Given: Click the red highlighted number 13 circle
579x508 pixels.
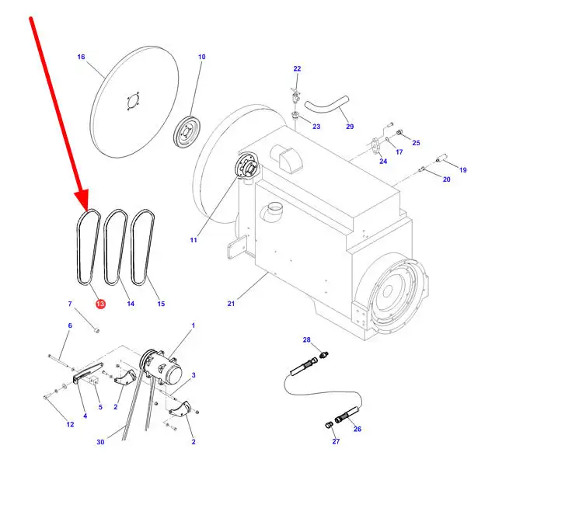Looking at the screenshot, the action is coord(100,304).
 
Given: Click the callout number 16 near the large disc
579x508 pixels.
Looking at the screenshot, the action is coord(81,57).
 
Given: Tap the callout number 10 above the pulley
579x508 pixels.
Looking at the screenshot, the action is coord(201,57).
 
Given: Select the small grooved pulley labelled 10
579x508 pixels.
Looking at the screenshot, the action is coord(187,133).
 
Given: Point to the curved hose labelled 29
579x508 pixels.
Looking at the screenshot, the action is coord(326,105).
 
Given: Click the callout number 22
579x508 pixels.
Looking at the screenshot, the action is coord(297,68).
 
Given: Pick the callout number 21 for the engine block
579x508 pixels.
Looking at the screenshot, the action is coord(231,304).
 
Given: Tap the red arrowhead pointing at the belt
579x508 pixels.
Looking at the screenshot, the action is coord(82,200).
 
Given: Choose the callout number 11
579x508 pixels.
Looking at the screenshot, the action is coord(194,240).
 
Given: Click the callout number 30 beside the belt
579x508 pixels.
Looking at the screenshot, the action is coord(100,442).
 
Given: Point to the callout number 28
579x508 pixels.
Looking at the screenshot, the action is coord(307,339).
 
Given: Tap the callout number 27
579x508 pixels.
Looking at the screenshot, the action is coord(336,441).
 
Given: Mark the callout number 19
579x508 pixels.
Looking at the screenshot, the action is coord(462,170).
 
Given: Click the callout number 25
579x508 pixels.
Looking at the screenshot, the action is coord(416,143).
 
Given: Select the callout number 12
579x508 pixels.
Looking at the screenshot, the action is coord(70,425).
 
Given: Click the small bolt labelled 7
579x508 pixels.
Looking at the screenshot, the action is coord(96,330).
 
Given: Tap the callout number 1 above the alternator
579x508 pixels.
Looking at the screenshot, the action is coord(193,325).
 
